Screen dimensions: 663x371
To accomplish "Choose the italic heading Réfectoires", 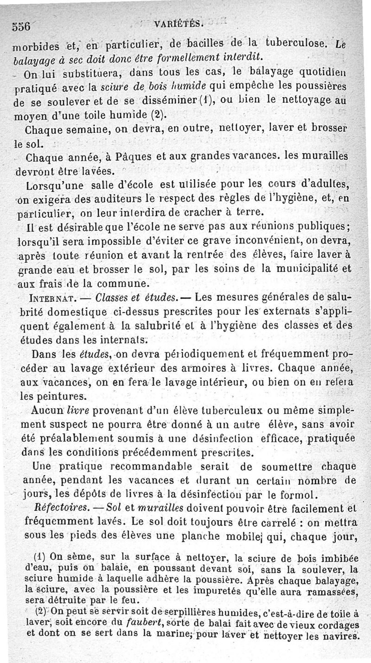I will pos(64,508).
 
